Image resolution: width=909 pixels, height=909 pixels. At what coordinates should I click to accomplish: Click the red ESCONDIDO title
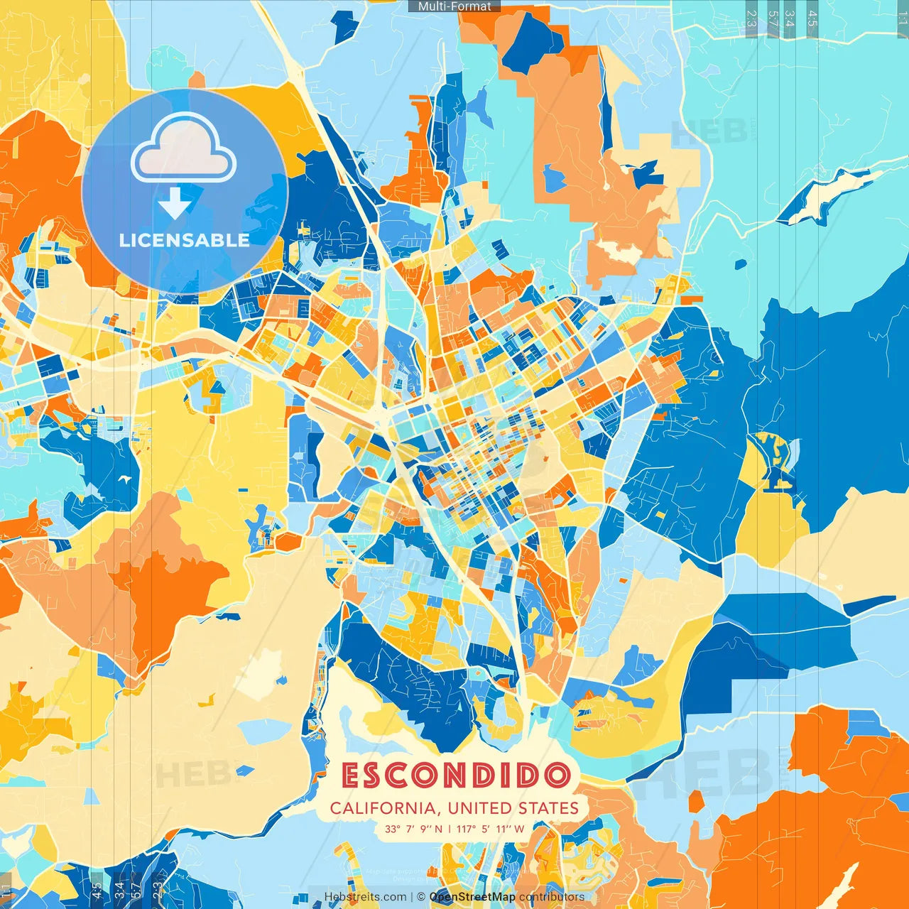(456, 775)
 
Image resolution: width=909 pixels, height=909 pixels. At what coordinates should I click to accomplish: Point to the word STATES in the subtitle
(548, 808)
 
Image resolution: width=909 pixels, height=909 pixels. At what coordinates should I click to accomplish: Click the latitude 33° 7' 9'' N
(413, 829)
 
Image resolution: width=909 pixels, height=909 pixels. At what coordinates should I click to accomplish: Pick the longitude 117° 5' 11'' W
(490, 829)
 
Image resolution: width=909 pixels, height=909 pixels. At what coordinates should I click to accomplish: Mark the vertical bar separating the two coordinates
(450, 829)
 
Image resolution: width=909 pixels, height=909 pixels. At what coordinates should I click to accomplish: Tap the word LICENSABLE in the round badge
(184, 240)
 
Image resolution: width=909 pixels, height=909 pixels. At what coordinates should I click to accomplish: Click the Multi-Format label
(454, 6)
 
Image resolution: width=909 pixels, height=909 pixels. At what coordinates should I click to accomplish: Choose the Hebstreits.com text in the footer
(365, 897)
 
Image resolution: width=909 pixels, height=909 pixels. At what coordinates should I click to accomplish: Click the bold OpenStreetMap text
(472, 897)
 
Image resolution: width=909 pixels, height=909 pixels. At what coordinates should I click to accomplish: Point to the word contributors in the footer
(551, 897)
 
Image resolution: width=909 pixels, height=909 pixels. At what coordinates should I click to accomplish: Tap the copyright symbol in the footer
(420, 897)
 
